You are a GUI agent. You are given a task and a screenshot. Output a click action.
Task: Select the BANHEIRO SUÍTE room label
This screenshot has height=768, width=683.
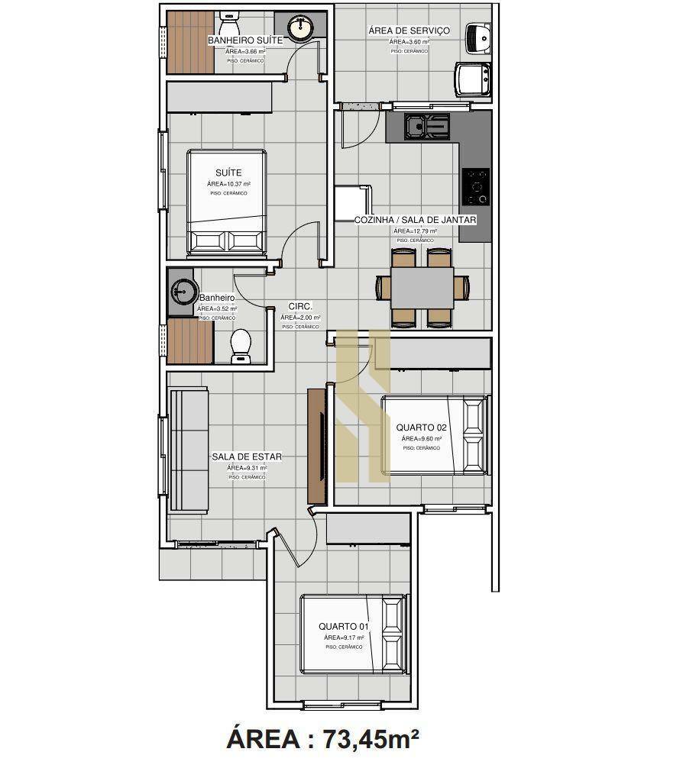pyautogui.click(x=245, y=40)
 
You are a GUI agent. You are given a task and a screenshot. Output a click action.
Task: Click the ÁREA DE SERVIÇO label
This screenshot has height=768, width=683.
pyautogui.click(x=409, y=31)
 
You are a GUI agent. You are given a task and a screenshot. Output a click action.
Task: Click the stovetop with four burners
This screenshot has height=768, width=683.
pyautogui.click(x=476, y=186)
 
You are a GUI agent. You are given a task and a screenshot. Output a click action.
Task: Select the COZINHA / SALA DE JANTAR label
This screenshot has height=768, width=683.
pyautogui.click(x=415, y=220)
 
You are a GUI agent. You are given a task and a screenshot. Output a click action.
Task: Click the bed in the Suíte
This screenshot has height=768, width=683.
pyautogui.click(x=227, y=202)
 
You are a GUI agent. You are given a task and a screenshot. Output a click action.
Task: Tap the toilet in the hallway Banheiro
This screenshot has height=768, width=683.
pyautogui.click(x=241, y=344)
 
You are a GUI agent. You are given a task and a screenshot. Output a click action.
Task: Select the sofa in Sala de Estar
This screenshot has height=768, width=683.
pyautogui.click(x=188, y=450)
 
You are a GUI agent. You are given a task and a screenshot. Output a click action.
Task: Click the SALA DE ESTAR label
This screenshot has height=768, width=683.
pyautogui.click(x=247, y=457)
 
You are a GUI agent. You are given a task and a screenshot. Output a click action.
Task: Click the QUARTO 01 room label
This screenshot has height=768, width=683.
pyautogui.click(x=344, y=626)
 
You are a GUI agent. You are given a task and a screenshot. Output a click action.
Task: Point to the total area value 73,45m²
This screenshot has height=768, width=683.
pyautogui.click(x=371, y=739)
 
